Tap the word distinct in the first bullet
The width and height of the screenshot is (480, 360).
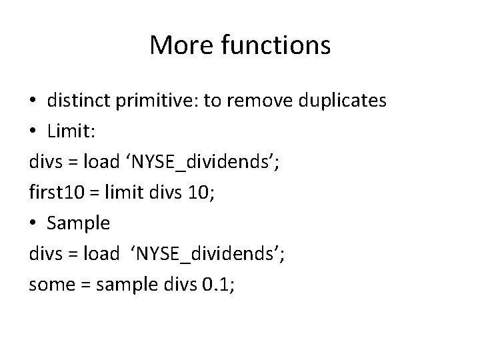(x=79, y=101)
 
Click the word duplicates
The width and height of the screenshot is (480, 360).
(x=343, y=101)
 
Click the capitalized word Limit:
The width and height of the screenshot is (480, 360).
(x=72, y=131)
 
